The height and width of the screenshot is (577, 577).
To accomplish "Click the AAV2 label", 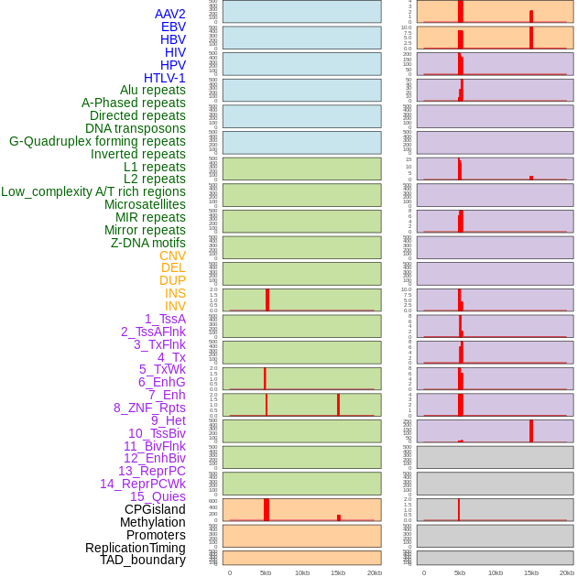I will (x=169, y=14).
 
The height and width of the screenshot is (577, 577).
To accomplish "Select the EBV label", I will (x=173, y=27).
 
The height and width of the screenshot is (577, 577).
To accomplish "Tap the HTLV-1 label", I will (x=164, y=78).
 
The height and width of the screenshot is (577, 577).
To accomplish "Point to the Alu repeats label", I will (x=152, y=90).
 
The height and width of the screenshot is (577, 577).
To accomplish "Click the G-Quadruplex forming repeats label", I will (x=97, y=141).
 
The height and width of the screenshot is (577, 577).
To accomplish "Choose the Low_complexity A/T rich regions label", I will (x=93, y=191).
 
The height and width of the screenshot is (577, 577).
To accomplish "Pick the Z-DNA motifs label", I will (x=147, y=243).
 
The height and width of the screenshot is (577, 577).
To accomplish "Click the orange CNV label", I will (x=172, y=256).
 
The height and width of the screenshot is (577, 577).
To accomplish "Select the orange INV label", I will (x=175, y=306).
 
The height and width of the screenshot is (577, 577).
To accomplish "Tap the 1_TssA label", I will (x=165, y=319).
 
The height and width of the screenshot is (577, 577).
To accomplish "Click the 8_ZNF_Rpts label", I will (x=149, y=408).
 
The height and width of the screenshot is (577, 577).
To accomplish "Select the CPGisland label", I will (x=155, y=509).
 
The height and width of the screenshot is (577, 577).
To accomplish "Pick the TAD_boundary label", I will (x=143, y=560).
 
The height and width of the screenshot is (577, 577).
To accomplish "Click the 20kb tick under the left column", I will (x=374, y=572).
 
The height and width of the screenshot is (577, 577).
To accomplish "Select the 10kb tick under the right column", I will (x=495, y=572).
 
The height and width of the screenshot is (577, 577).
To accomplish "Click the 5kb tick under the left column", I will (x=266, y=572).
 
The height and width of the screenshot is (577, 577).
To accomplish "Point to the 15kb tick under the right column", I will (x=531, y=572).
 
